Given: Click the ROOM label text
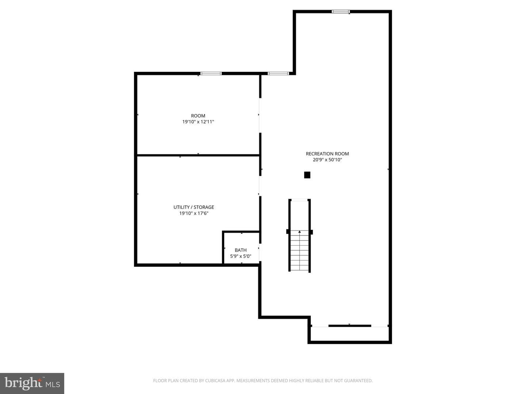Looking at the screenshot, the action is click(198, 116).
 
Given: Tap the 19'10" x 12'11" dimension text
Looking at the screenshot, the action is click(198, 122).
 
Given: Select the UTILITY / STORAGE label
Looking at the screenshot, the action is click(194, 207).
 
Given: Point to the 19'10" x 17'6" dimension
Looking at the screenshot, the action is click(194, 213).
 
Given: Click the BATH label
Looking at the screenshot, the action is click(241, 250).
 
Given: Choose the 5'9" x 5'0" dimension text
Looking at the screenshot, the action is click(241, 256).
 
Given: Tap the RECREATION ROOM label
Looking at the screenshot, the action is click(327, 154).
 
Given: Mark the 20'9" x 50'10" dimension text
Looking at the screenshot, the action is click(327, 160).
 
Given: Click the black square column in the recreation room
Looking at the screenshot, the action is click(307, 175).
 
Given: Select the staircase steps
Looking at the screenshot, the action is click(299, 251).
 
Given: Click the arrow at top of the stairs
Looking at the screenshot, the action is click(299, 232).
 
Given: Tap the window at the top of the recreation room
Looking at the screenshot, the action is click(340, 11).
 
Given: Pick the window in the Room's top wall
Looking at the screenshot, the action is click(211, 73).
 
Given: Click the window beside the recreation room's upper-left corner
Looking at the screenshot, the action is click(278, 73).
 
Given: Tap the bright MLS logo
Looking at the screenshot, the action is click(32, 383).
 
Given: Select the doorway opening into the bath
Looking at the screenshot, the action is click(260, 252).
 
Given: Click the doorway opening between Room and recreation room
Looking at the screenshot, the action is click(260, 115).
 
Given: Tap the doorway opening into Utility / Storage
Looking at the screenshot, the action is click(260, 186).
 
